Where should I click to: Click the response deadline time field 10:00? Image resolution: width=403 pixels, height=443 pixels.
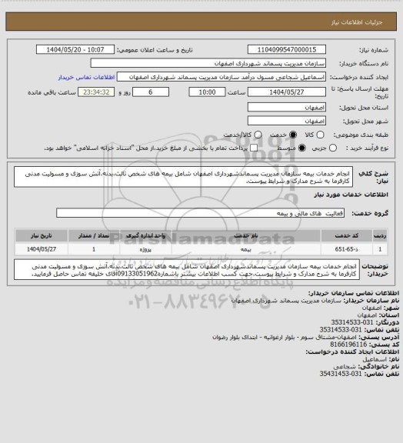[x=205, y=92]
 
